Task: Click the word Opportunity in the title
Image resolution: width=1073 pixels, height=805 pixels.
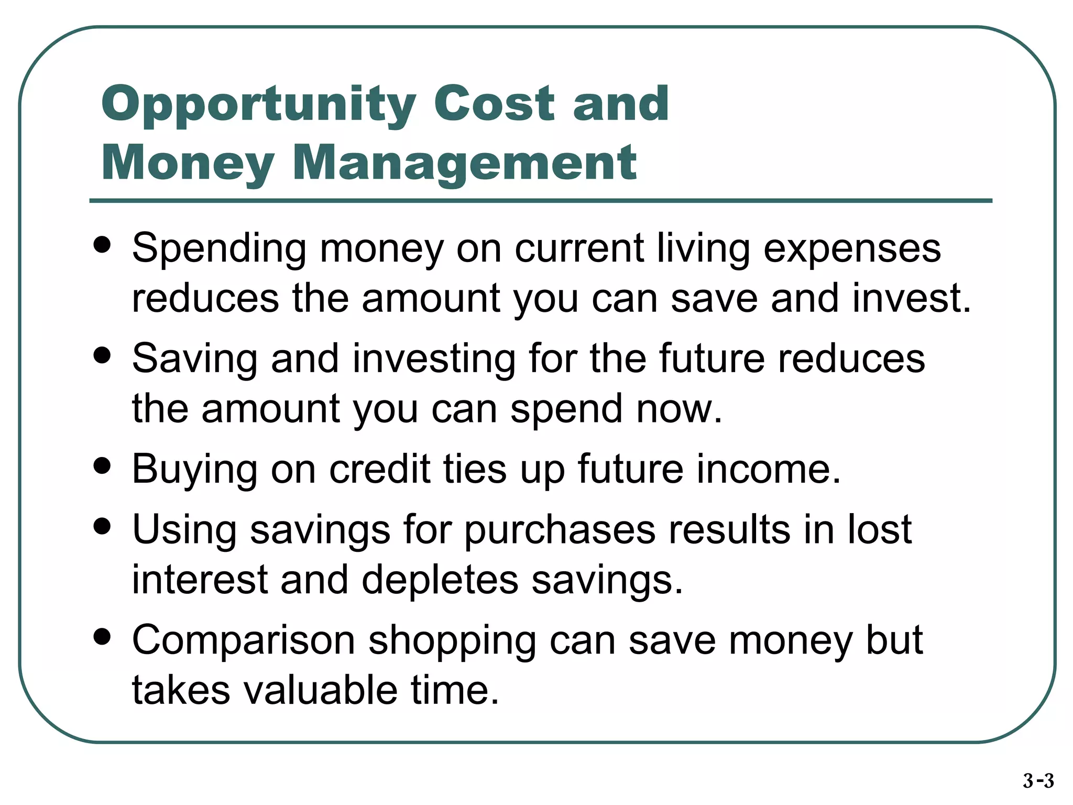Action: tap(258, 104)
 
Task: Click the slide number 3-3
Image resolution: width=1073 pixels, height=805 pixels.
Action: tap(1038, 781)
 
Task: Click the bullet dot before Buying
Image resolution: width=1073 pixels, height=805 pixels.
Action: tap(102, 465)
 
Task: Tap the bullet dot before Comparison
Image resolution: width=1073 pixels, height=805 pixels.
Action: tap(102, 636)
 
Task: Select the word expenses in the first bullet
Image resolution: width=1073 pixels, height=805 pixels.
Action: tap(852, 248)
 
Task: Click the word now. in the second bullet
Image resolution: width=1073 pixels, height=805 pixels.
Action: tap(679, 409)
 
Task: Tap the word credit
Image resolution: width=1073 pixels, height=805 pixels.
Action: tap(379, 469)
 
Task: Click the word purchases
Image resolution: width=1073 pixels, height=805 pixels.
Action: tap(560, 530)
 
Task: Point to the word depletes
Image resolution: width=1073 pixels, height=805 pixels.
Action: tap(440, 580)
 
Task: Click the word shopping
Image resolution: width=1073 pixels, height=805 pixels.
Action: tap(452, 641)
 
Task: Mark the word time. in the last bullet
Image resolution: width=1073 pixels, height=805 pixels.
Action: tap(454, 690)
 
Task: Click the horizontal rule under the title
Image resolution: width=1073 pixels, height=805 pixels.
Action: tap(541, 201)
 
